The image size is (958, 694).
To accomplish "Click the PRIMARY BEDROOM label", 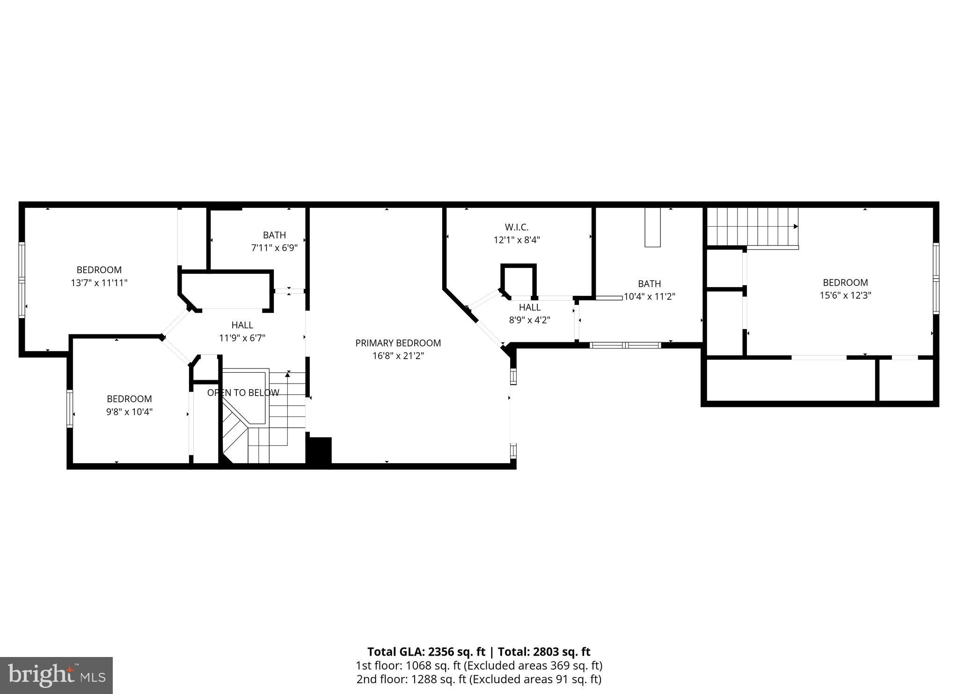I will (x=398, y=343).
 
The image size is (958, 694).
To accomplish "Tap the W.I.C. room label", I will (x=517, y=227).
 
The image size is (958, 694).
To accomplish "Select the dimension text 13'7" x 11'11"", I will (x=99, y=283).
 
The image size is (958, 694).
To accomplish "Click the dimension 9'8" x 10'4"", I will (x=129, y=412).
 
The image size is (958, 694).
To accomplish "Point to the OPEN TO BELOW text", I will (x=243, y=392).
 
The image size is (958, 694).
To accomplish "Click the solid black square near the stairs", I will (x=319, y=450).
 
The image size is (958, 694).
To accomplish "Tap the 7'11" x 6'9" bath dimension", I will (x=274, y=248).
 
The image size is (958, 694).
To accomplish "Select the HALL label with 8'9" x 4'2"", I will (x=529, y=307).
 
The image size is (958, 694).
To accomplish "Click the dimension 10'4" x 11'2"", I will (x=649, y=296).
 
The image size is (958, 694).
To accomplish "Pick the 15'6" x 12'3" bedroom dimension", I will (x=845, y=295).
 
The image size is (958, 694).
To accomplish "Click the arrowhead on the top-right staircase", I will (x=796, y=227).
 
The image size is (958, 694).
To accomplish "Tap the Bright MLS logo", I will (x=56, y=675).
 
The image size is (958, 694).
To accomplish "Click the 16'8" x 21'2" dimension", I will (x=398, y=356).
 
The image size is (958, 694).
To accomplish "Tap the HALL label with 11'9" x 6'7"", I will (x=242, y=325).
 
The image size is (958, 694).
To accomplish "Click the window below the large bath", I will (x=625, y=346).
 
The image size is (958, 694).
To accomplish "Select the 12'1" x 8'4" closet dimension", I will (x=517, y=240).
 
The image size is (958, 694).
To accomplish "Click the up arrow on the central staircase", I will (x=288, y=374).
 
